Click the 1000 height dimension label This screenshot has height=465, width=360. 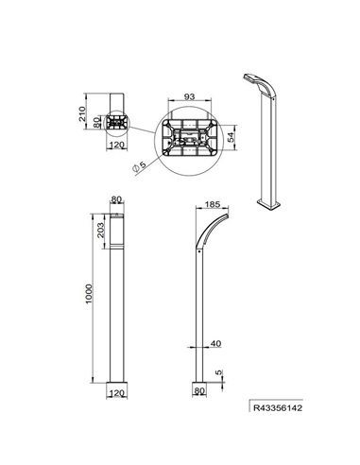(x=88, y=294)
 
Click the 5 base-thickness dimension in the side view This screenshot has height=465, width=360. (x=218, y=375)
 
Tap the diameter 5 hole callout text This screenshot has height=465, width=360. (x=141, y=166)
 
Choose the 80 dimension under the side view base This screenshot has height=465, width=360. (x=199, y=387)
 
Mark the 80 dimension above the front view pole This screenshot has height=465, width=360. (x=116, y=200)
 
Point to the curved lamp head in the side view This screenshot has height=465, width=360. (x=211, y=230)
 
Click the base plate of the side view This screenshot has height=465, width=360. (x=198, y=376)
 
